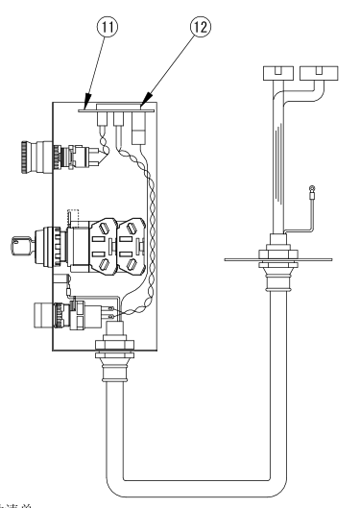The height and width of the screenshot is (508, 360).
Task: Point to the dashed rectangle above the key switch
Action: pos(73,216)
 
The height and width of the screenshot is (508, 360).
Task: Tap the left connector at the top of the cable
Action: pos(276,73)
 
